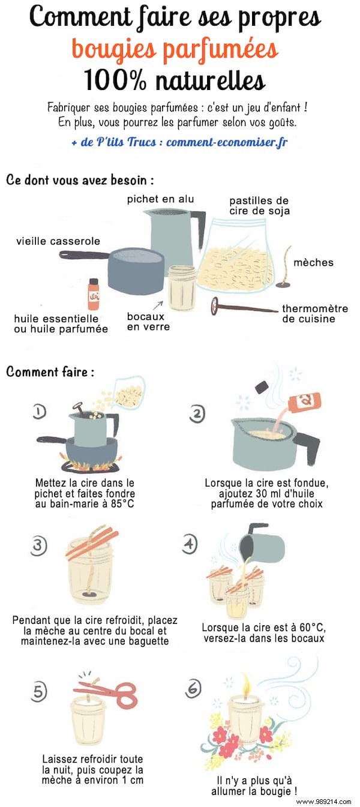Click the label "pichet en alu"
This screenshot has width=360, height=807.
click(x=160, y=199)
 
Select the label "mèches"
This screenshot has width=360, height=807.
click(x=313, y=263)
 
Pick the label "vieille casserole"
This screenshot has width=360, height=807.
click(x=58, y=241)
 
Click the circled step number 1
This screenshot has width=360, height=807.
click(x=40, y=411)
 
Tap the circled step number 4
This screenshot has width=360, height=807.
click(x=190, y=544)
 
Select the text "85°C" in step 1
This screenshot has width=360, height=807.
click(x=116, y=503)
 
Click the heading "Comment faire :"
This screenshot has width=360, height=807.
click(x=50, y=372)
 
